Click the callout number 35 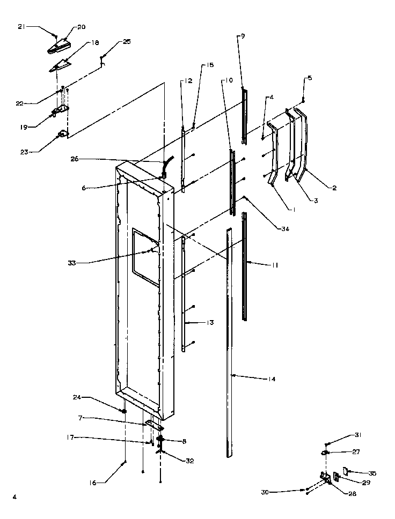pos(372,473)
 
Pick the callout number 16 pos(94,483)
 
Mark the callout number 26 pos(74,159)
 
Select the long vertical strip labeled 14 pos(230,343)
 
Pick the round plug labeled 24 pos(124,411)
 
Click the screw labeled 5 pos(303,100)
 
